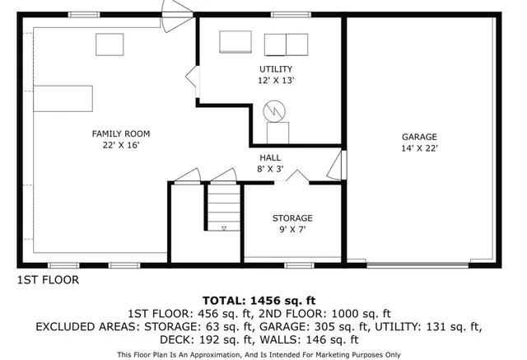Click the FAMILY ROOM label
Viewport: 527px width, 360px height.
click(120, 133)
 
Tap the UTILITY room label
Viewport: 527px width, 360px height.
click(275, 69)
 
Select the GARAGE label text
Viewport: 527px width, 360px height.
click(419, 137)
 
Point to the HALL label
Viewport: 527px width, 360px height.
click(270, 157)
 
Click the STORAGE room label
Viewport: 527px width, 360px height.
click(292, 218)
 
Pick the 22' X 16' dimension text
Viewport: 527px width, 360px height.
click(120, 145)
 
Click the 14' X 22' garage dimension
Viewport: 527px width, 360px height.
click(419, 148)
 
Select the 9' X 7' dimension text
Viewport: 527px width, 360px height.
click(292, 230)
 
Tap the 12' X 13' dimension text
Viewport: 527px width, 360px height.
click(275, 81)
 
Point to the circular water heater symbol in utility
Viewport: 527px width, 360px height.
click(273, 111)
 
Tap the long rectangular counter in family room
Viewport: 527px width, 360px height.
click(63, 98)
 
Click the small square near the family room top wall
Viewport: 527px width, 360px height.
click(109, 43)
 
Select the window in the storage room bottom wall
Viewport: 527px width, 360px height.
click(298, 265)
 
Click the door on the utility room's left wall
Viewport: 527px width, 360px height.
click(192, 79)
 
